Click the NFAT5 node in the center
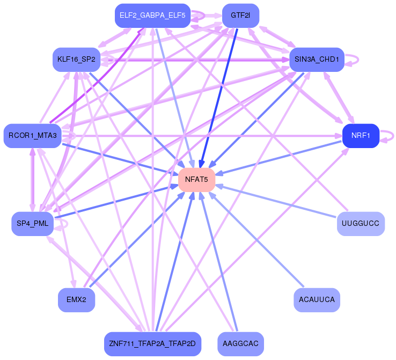[x=196, y=180]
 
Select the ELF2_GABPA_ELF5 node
[x=152, y=16]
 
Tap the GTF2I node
[x=240, y=16]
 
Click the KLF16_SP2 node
[x=76, y=60]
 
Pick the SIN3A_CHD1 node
[x=317, y=60]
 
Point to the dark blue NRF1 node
[x=361, y=136]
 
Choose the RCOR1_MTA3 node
[x=33, y=136]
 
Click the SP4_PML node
[x=33, y=224]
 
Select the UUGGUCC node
[x=361, y=224]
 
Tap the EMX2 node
[x=76, y=300]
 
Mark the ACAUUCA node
[x=317, y=300]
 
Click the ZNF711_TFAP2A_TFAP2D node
[x=152, y=344]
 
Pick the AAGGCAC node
[x=240, y=344]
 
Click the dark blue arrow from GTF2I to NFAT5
[x=219, y=98]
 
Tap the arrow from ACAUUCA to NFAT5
[x=256, y=240]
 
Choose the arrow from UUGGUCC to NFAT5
[x=276, y=201]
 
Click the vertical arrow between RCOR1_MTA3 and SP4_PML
[x=33, y=180]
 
